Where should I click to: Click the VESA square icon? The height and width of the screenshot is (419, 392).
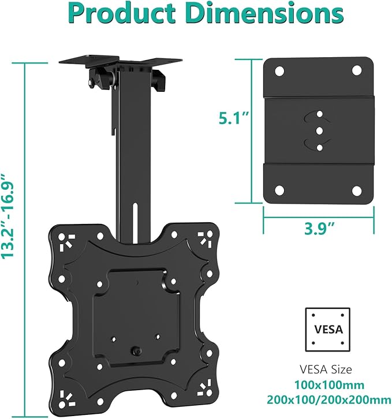click(x=328, y=330)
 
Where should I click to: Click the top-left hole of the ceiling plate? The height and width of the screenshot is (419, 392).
click(x=279, y=72)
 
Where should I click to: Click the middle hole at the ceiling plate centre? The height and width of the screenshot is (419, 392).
click(x=318, y=132)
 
